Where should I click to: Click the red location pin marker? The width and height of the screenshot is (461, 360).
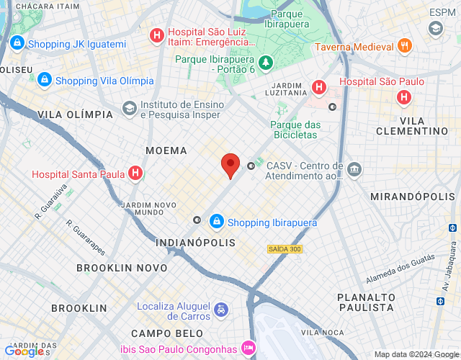click(230, 165)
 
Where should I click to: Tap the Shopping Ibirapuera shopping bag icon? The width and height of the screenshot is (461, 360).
click(216, 222)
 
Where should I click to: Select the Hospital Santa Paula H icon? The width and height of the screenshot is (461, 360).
click(135, 174)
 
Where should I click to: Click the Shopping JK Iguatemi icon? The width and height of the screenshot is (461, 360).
click(17, 45)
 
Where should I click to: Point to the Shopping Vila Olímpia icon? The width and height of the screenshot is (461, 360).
click(44, 80)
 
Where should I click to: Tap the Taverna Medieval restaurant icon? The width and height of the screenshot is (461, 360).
click(405, 46)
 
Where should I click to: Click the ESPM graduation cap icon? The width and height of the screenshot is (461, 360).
click(435, 28)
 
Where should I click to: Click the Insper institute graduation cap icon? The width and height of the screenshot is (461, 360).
click(129, 109)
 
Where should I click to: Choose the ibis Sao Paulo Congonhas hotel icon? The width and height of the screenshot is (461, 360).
click(249, 347)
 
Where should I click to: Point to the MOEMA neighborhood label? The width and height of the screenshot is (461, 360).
click(166, 150)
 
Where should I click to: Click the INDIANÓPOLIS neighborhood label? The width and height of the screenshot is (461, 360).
click(195, 243)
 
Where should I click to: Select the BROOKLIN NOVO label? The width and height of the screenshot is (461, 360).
click(122, 268)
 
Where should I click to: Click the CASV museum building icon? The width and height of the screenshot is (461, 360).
click(354, 171)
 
